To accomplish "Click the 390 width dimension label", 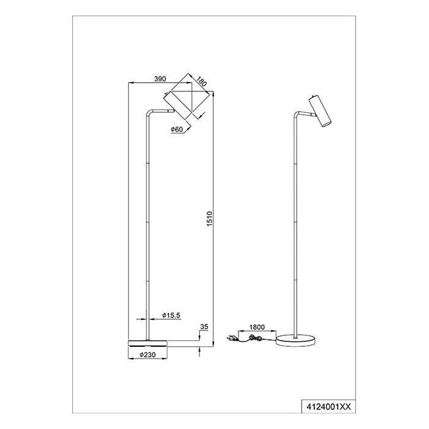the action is coord(160,79).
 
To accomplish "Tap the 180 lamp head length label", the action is coord(202,82).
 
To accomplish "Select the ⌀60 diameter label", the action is coord(177,129).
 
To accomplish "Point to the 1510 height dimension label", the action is coord(210,219).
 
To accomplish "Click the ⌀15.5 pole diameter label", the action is coord(171,316).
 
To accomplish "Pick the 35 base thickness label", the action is coord(204,327).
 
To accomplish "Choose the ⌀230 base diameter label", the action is coord(148,355).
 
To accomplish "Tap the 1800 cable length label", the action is coord(257,327).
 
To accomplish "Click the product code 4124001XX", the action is coord(328,407).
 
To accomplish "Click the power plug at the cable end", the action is coord(231,339).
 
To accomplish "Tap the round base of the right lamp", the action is coord(295,340).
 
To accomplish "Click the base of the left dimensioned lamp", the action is coord(148,343).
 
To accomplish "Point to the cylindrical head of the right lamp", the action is coord(320,111).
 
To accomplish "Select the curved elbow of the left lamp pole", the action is coord(150,113).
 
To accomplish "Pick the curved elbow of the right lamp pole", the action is coord(297,115).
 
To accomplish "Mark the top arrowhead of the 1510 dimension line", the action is coord(213,93).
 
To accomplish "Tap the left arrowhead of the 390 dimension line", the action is coord(131,82).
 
